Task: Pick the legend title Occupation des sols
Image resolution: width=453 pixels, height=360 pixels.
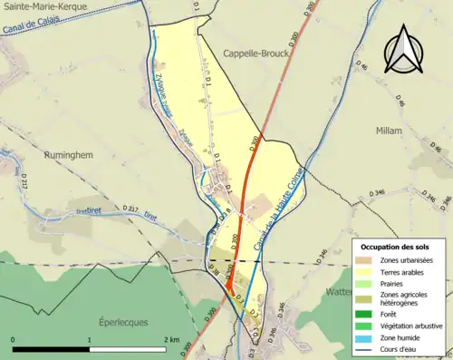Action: point(395,247)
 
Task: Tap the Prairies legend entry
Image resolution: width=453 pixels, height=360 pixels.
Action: point(370,283)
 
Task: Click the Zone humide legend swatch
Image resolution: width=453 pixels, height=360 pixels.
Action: point(370,334)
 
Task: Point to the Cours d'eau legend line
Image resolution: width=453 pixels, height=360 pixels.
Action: point(370,345)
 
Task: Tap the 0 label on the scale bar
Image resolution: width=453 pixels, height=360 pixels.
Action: point(13,339)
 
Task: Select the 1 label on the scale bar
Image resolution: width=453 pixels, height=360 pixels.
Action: point(90,339)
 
